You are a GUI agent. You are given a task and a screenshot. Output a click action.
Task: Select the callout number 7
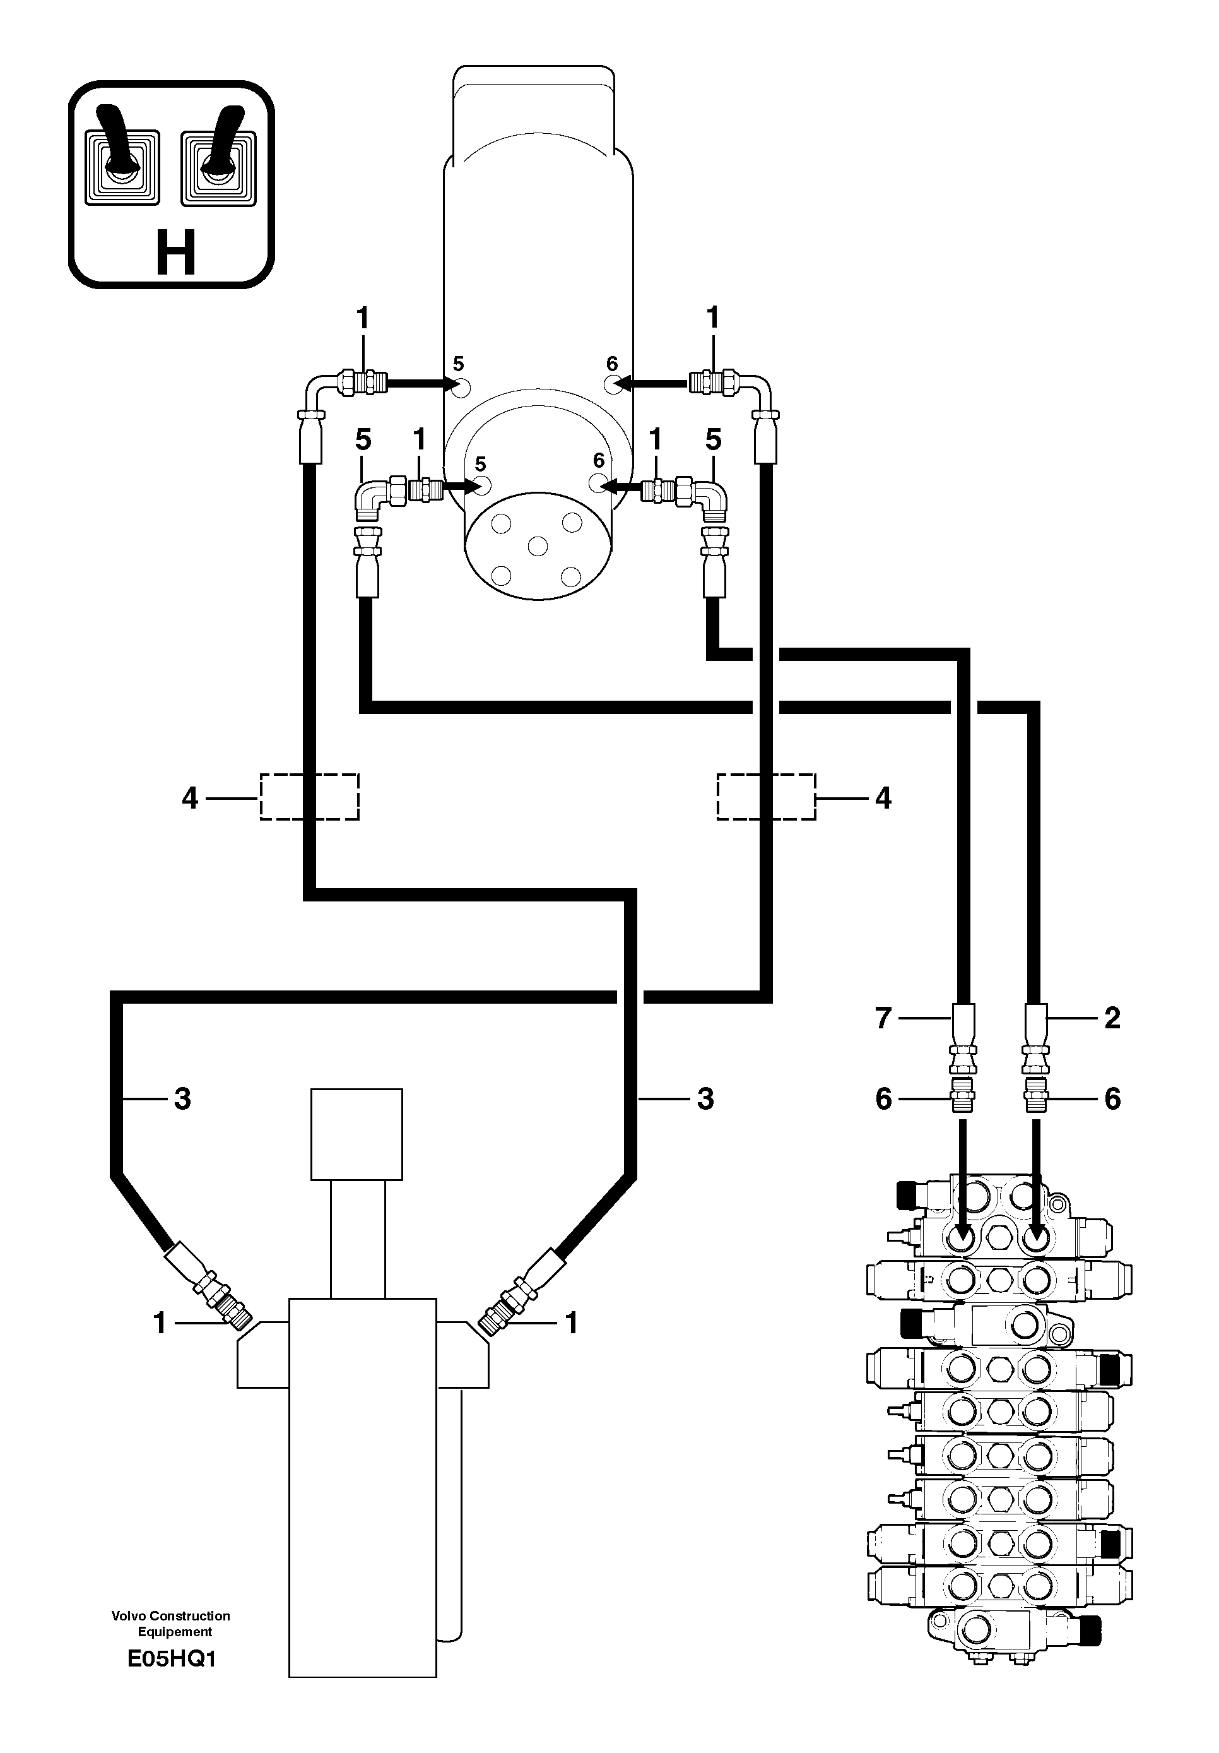tap(883, 1018)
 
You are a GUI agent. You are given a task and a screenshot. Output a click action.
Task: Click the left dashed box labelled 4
tap(309, 797)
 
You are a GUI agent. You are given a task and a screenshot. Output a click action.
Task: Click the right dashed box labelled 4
tap(765, 797)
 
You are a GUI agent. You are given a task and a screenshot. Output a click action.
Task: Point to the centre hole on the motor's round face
tap(538, 546)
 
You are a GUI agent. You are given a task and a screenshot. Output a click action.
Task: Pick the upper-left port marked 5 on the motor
tap(459, 386)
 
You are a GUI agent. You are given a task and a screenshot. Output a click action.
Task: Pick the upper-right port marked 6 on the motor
tap(613, 386)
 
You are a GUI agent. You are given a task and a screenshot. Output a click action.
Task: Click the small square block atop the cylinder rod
tap(356, 1134)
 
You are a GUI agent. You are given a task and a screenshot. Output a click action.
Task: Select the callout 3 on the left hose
tap(182, 1098)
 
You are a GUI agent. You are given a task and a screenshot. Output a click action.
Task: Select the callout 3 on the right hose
tap(705, 1098)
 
